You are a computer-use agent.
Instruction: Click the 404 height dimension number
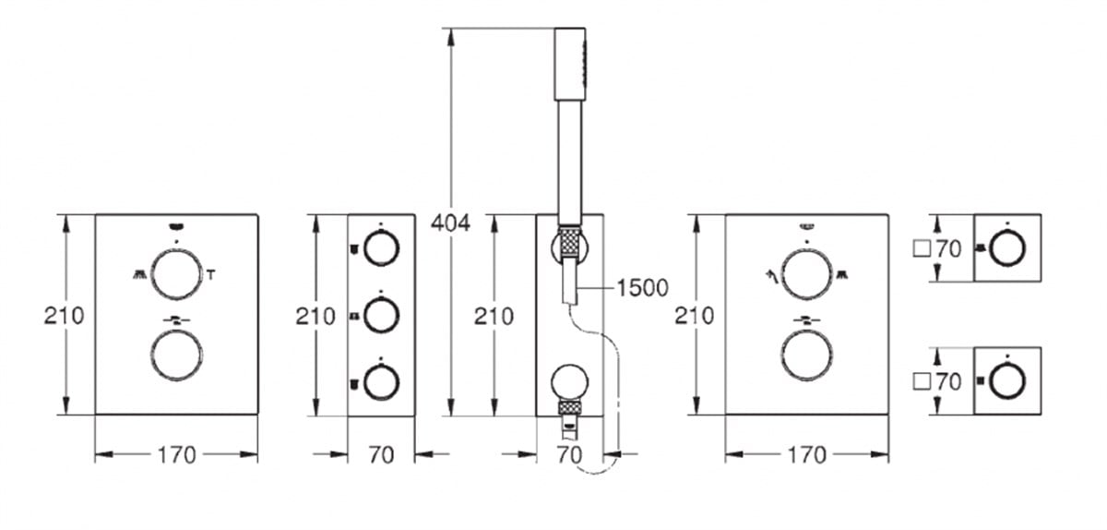[451, 223]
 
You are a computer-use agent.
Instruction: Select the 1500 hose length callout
[642, 287]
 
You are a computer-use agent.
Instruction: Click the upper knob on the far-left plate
[176, 273]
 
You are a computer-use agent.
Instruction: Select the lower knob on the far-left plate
[176, 355]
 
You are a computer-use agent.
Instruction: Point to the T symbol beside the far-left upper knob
[211, 273]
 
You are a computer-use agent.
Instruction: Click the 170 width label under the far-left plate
[176, 454]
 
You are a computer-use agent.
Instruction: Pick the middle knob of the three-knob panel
[380, 316]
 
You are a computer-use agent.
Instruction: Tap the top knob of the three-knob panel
[380, 247]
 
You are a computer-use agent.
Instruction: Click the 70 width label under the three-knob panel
[380, 454]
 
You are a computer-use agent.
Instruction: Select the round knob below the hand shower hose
[570, 382]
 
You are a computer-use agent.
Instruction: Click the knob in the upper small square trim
[1007, 247]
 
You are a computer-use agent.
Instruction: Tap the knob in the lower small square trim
[1007, 380]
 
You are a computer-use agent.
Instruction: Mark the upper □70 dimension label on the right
[936, 248]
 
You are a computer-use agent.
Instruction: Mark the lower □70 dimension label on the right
[936, 380]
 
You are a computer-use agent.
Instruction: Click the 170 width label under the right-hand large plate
[806, 454]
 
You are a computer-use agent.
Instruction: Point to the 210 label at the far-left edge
[64, 316]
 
